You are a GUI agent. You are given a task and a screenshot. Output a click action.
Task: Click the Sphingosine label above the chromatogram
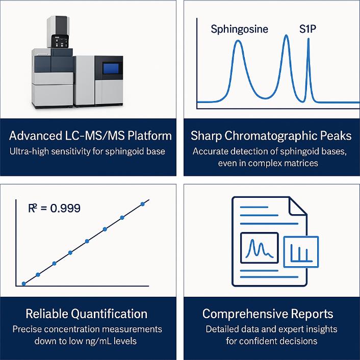240,30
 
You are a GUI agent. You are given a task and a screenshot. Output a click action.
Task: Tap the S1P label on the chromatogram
307,29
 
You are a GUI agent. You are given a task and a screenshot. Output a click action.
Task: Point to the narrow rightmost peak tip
308,39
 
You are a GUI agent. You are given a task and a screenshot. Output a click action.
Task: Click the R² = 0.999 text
54,208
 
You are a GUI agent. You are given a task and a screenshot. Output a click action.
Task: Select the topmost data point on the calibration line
143,204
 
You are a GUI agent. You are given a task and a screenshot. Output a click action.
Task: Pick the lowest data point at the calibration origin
23,284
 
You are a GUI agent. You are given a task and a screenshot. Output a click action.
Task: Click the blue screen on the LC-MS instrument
111,68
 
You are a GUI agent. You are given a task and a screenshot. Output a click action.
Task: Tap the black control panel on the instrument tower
60,41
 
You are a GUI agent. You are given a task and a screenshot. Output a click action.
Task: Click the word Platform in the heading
150,136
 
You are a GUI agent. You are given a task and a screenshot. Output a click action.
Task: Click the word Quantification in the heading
109,314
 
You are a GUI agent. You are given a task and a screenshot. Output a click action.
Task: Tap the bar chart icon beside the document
301,252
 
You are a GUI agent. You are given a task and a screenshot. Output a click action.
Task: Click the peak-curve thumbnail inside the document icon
259,248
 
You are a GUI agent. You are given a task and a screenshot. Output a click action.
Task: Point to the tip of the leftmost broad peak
238,41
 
